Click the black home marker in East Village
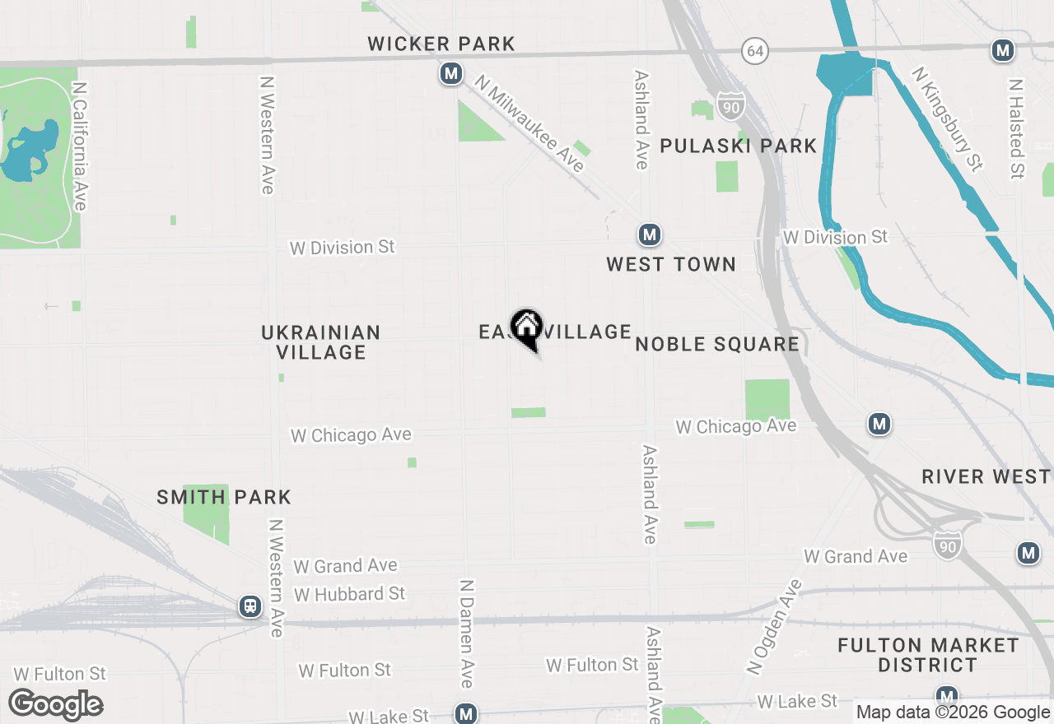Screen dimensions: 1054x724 click(x=527, y=328)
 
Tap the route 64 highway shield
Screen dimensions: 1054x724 click(x=755, y=51)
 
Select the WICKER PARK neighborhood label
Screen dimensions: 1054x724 click(x=441, y=44)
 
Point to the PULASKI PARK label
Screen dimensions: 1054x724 click(x=738, y=146)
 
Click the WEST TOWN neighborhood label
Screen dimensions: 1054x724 click(x=671, y=264)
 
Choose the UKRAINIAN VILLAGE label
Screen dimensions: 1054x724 click(x=321, y=342)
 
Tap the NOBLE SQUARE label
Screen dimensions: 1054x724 click(x=717, y=344)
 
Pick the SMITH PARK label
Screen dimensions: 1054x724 click(x=224, y=497)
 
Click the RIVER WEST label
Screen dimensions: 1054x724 click(x=986, y=476)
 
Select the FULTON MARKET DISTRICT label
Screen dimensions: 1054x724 click(x=928, y=655)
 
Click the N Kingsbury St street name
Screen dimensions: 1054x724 click(x=947, y=119)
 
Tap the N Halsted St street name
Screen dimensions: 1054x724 click(x=1017, y=129)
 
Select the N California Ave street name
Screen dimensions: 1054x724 click(x=80, y=146)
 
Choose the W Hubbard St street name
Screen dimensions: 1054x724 click(x=350, y=593)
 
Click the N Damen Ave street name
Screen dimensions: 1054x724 click(x=467, y=633)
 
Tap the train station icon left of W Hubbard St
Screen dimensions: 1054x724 click(x=250, y=607)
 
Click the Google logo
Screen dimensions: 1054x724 click(x=56, y=705)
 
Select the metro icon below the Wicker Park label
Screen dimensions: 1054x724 click(x=450, y=74)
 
